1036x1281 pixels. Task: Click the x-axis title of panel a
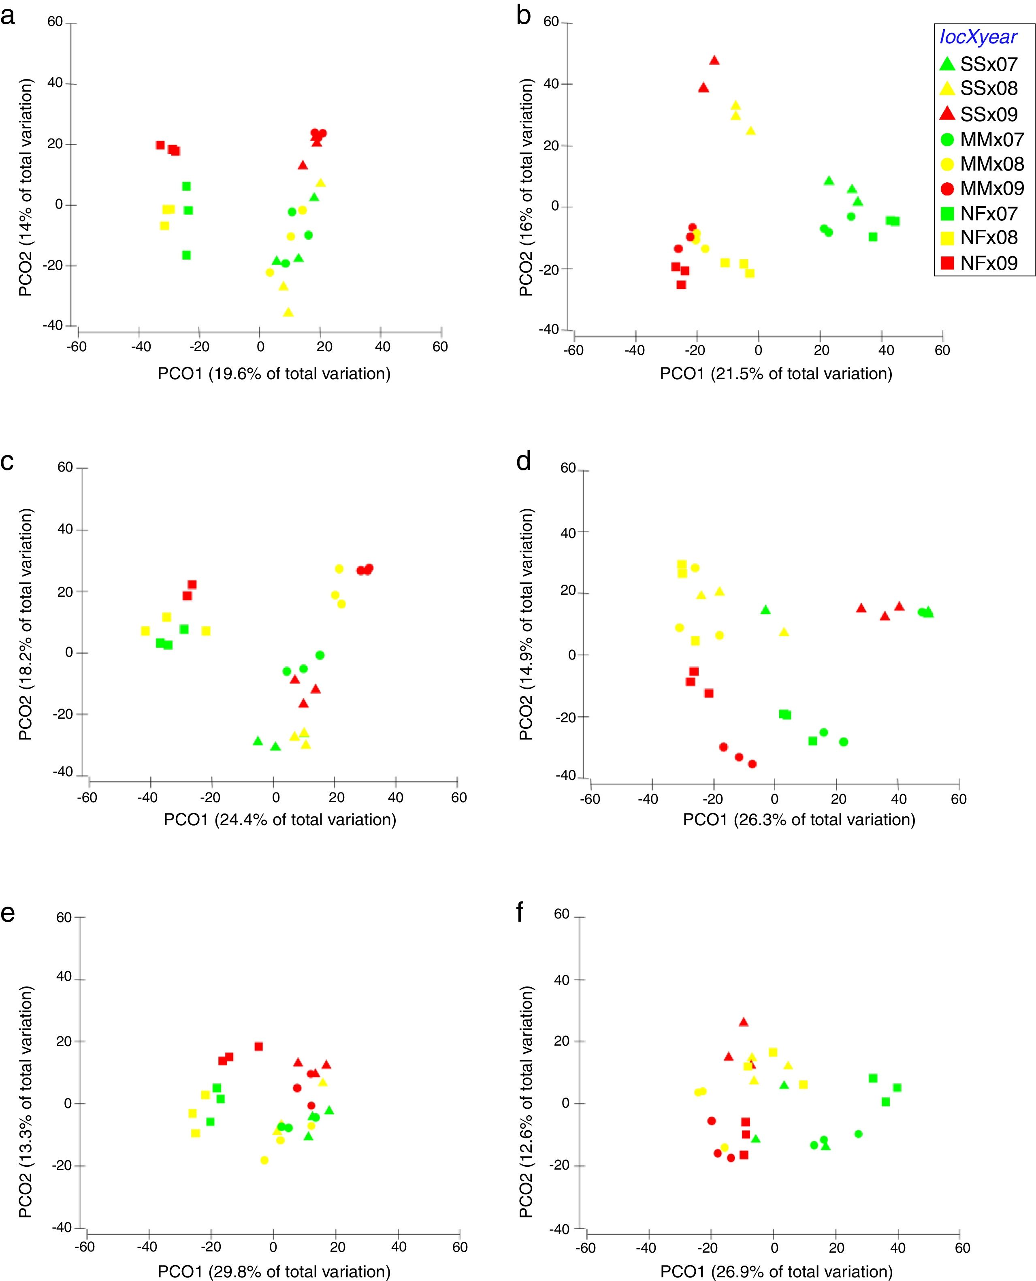(x=274, y=374)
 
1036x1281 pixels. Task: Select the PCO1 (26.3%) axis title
(x=799, y=820)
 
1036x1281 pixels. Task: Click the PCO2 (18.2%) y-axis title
(x=26, y=624)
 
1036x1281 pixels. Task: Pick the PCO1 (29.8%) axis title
(x=274, y=1271)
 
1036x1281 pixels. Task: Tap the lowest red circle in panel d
(x=752, y=764)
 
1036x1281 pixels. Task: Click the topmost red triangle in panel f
(x=743, y=1022)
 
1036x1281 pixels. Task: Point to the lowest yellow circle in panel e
(x=264, y=1160)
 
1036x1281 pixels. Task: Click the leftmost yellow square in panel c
(x=145, y=631)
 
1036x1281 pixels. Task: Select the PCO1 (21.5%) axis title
(x=776, y=374)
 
